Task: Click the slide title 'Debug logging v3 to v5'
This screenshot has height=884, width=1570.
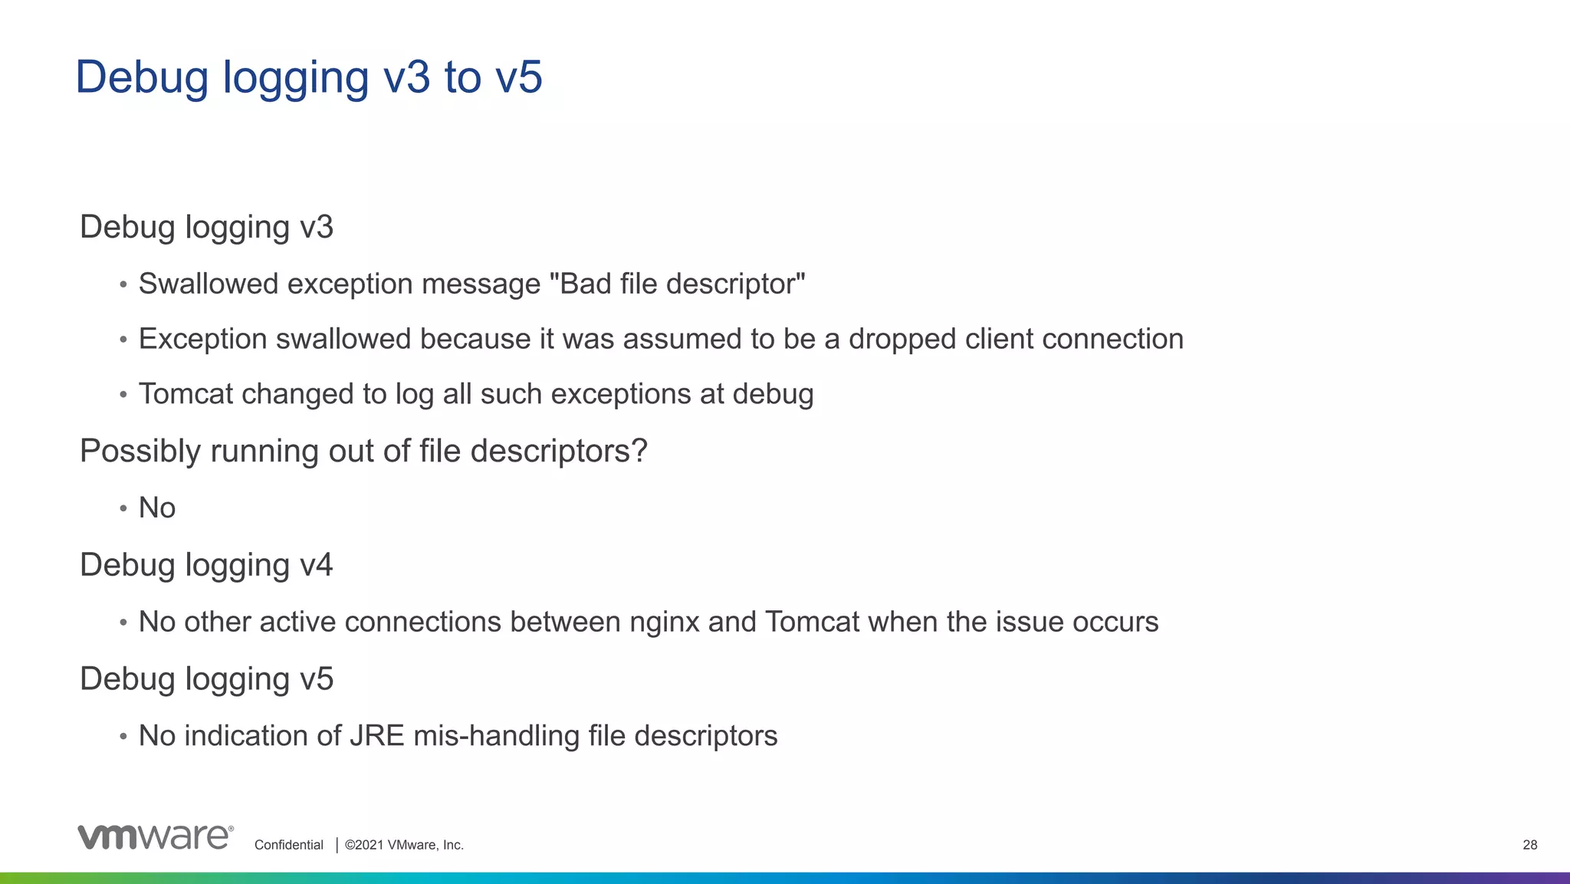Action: point(308,77)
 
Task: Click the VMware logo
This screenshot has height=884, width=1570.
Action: point(155,837)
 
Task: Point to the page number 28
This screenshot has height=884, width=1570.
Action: point(1529,845)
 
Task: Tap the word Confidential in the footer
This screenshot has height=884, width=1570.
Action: point(289,845)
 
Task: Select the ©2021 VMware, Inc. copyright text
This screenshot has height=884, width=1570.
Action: point(404,845)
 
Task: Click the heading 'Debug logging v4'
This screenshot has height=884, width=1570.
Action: point(206,565)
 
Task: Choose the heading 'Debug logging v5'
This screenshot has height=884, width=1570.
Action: point(206,679)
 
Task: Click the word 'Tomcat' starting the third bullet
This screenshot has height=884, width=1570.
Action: point(186,394)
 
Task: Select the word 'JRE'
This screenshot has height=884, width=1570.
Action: point(376,736)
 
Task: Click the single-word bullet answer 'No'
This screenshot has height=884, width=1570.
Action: point(157,508)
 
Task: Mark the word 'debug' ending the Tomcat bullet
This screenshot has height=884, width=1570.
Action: point(773,394)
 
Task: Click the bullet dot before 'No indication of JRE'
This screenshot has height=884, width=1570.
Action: point(123,737)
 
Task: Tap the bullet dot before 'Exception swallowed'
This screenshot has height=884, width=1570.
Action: point(123,340)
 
